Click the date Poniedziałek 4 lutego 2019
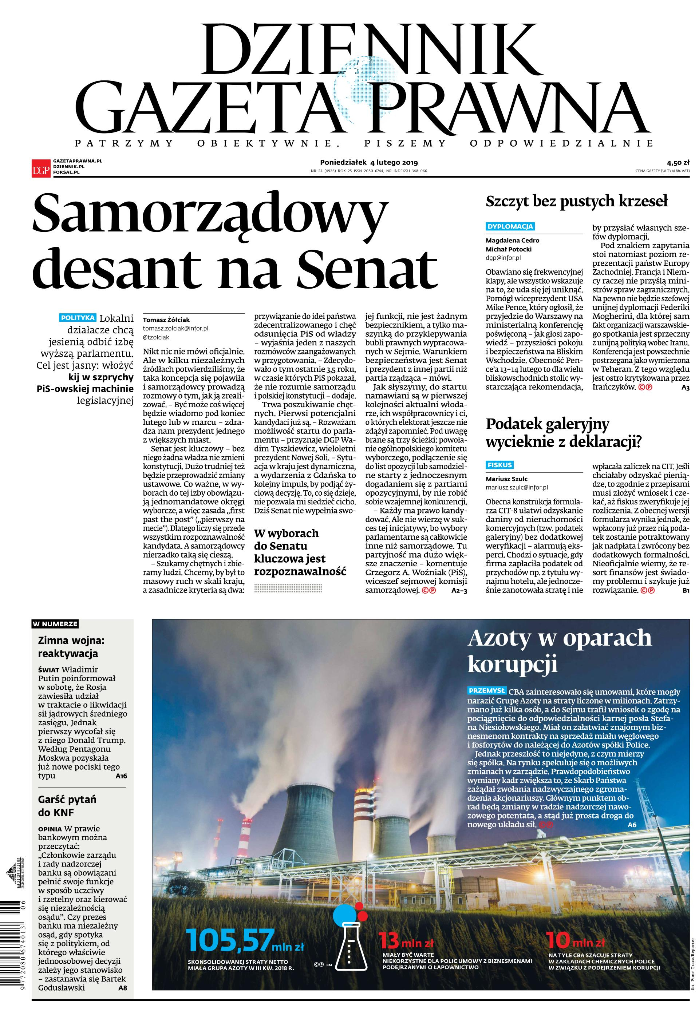point(369,162)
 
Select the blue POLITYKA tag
point(78,318)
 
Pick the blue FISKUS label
point(500,465)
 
